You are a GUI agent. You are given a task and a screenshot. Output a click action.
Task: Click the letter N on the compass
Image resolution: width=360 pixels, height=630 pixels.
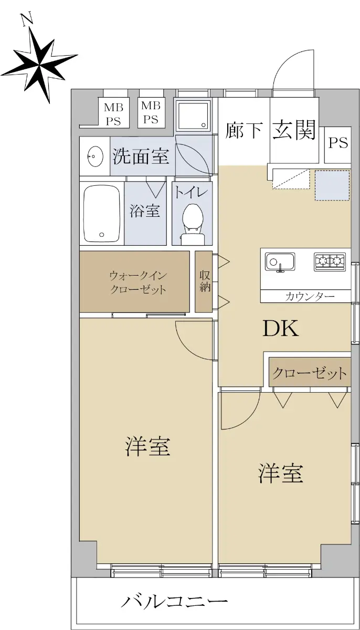click(x=27, y=20)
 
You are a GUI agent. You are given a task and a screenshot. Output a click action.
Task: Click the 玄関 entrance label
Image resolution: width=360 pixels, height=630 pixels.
click(x=294, y=130)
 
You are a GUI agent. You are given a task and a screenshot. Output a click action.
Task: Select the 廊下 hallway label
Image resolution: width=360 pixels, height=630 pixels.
click(x=244, y=131)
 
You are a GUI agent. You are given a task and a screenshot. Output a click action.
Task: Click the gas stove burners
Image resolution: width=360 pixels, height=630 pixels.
click(x=330, y=262)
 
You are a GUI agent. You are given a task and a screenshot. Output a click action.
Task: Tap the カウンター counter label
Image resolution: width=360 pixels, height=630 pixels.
click(x=310, y=296)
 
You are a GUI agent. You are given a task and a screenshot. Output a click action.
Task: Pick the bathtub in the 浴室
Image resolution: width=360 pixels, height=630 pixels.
click(x=102, y=213)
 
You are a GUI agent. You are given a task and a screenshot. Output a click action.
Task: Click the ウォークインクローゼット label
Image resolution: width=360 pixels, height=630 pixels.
click(x=137, y=282)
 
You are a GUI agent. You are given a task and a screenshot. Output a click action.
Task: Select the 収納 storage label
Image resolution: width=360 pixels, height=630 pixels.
click(x=205, y=281)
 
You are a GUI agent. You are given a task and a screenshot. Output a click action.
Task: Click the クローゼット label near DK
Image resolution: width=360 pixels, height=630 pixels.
click(x=310, y=373)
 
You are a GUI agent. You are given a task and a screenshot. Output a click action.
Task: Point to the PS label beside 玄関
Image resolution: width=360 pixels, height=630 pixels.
click(x=338, y=143)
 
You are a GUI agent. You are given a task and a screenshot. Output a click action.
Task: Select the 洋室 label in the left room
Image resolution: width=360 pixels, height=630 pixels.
click(x=147, y=446)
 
